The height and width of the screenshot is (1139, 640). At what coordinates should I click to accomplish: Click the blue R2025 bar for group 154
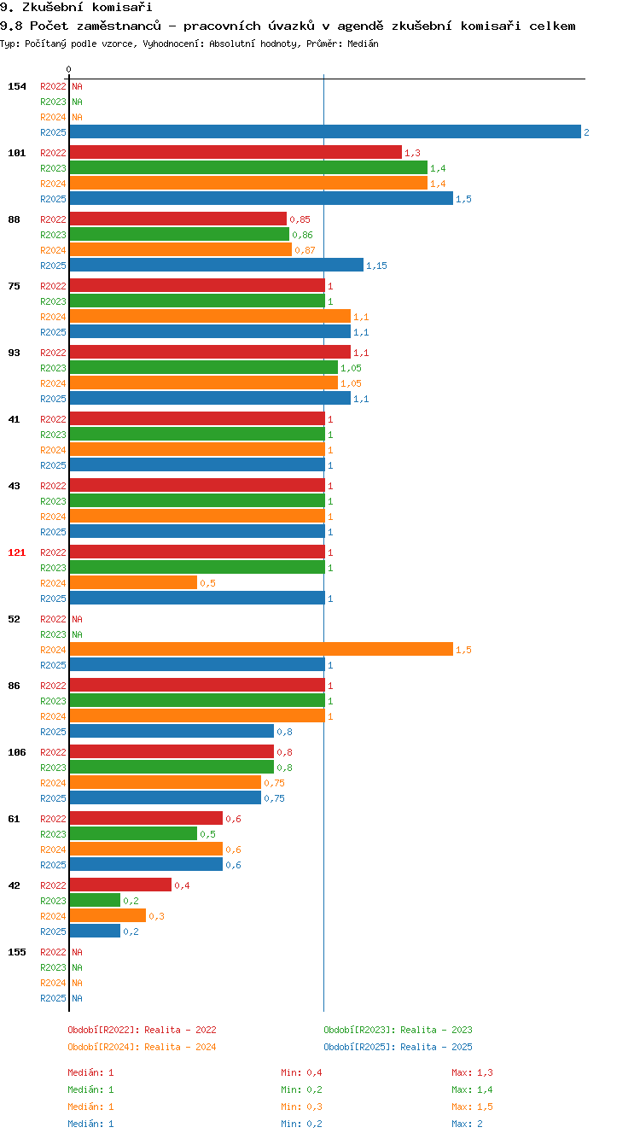point(325,131)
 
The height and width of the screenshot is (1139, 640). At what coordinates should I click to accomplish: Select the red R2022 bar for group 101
point(236,152)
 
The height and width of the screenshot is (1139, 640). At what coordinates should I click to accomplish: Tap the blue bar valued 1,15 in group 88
point(217,265)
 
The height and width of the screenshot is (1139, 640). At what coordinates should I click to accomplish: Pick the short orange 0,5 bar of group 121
point(133,582)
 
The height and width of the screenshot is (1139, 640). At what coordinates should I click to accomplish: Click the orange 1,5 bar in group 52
point(261,649)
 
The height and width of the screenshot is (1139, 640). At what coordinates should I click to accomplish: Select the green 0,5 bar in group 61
point(133,834)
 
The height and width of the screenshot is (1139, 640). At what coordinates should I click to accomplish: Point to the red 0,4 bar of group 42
point(120,885)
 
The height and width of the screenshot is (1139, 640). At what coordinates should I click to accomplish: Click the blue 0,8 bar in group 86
point(172,731)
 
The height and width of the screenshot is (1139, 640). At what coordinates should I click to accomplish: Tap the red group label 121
point(17,552)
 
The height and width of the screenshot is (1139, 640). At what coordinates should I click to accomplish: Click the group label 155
point(17,952)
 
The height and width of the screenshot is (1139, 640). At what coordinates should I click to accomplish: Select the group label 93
point(14,353)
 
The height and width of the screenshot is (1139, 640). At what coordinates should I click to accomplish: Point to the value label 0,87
point(305,250)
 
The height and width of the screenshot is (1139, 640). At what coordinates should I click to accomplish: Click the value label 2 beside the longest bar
point(586,132)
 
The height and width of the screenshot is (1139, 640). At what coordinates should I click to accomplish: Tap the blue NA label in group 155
point(78,998)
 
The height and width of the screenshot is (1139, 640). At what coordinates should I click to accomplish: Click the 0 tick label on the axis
point(68,69)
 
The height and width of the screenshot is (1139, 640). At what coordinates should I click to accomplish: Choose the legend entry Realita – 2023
point(437,1030)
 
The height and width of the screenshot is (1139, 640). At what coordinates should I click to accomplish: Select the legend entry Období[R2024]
point(104,1047)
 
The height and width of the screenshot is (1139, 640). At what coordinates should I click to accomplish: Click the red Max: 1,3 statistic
point(472,1072)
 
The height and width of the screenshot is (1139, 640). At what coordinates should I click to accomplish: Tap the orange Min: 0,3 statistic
point(301,1107)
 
